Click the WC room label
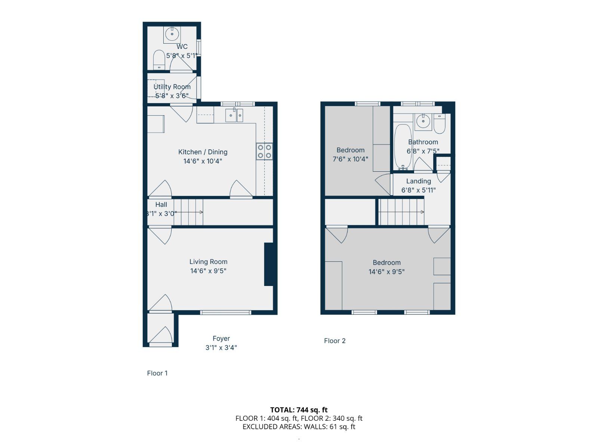point(182,47)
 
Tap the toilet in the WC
point(159,60)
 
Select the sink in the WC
point(172,34)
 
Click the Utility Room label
point(172,87)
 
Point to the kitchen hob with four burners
point(264,151)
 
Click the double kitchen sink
point(234,115)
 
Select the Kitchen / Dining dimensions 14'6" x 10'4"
point(203,161)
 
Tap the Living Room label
point(208,262)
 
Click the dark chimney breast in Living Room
point(269,264)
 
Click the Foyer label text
point(221,339)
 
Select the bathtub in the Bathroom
point(403,147)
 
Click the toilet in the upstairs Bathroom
point(440,124)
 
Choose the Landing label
point(419,181)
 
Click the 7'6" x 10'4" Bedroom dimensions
point(351,159)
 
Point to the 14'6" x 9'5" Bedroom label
point(386,262)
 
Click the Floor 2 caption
point(335,341)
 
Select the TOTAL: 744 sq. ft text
point(299,410)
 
